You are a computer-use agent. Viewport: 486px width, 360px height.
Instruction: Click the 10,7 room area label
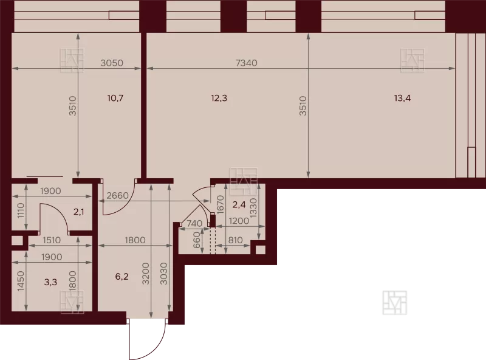115,98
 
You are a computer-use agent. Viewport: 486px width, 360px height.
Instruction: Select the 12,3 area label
219,98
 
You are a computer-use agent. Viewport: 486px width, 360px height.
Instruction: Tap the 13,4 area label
402,98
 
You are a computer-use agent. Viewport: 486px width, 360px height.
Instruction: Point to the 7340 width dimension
247,63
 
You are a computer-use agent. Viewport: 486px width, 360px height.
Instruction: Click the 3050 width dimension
112,63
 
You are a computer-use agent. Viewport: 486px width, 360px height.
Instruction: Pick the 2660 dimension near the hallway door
117,196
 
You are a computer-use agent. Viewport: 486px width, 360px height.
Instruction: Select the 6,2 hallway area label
122,277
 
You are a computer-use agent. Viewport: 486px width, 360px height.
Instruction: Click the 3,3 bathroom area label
50,282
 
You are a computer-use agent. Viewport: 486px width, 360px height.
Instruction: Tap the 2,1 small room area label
79,212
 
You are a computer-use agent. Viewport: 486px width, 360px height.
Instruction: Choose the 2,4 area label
239,204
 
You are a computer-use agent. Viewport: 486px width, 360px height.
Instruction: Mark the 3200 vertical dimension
146,274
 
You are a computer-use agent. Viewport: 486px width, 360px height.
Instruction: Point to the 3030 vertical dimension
163,274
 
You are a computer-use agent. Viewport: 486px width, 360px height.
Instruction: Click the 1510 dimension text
52,240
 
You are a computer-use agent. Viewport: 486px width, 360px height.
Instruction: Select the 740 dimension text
194,223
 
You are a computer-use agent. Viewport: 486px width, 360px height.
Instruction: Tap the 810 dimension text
235,240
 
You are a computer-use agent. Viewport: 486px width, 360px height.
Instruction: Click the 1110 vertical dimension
21,210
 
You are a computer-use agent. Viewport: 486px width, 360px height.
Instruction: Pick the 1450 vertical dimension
21,282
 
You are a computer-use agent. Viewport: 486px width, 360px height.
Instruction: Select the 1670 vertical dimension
221,204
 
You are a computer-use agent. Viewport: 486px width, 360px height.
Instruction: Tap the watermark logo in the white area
394,303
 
